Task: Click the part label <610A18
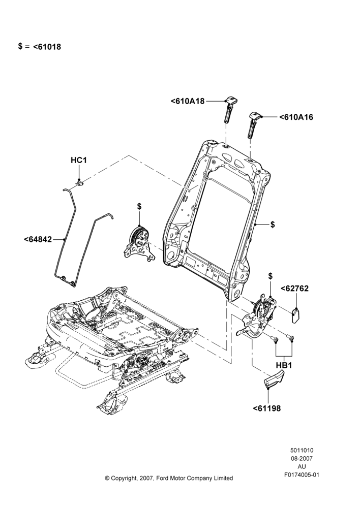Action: tap(188, 101)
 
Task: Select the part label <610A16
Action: tap(296, 117)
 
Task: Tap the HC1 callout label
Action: tap(79, 160)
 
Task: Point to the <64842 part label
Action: tap(38, 239)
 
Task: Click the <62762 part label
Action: tap(294, 289)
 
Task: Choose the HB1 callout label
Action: tap(284, 365)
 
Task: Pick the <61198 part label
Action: tap(266, 408)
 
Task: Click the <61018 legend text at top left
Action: tap(47, 47)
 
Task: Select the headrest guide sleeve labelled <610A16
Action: tap(254, 124)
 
